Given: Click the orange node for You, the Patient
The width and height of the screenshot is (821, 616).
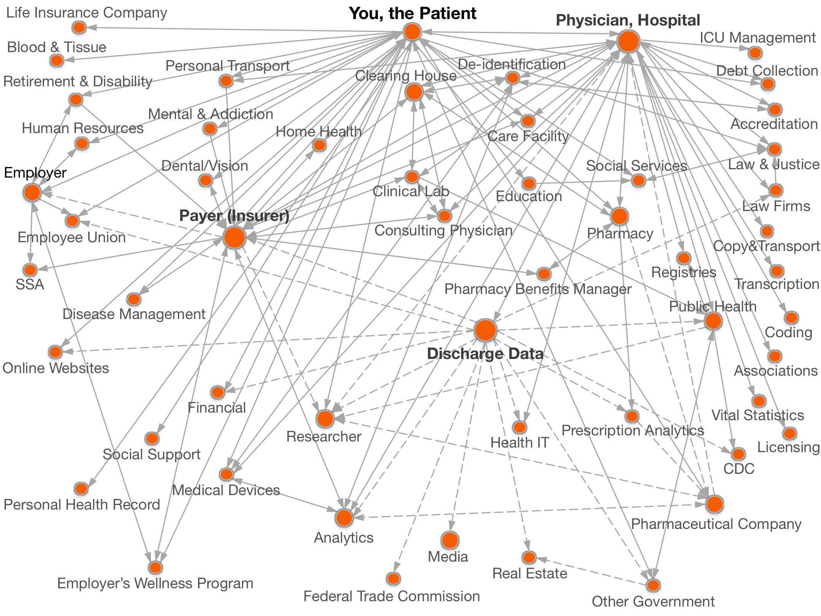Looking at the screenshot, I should coord(412,32).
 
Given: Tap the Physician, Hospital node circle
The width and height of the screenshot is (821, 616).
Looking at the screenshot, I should coord(628,41).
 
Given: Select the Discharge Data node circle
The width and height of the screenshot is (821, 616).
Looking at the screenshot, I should coord(485,330).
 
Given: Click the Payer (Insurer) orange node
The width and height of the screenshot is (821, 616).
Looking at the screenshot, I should coord(235,238).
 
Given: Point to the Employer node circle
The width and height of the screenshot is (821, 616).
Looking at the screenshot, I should coord(32,192).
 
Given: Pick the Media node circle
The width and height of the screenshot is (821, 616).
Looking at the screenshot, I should coord(450,540).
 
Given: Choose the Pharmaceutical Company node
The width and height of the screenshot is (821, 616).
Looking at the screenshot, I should coord(715,504).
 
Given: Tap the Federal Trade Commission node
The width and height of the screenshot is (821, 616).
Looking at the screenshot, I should coord(393,579).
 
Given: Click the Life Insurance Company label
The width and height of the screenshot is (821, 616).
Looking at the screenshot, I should coord(87,13).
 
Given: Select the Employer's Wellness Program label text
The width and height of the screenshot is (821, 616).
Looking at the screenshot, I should coord(155,583).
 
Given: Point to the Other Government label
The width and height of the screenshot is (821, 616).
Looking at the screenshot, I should coord(653,602).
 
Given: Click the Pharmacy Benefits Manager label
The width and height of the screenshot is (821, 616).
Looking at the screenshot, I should coord(538,289).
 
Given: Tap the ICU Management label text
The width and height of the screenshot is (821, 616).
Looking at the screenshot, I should coord(758,38).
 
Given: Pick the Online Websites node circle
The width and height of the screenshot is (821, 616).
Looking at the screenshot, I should coord(55,352).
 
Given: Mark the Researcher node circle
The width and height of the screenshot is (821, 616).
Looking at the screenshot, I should coord(325,419).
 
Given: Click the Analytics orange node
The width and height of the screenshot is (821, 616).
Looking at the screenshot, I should coord(344,518).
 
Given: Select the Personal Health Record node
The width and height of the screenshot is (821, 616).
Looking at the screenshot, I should coord(81,488).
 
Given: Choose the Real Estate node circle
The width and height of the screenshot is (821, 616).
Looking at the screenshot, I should coord(529,557).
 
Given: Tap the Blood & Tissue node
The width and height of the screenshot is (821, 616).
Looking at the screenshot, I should coord(57,60).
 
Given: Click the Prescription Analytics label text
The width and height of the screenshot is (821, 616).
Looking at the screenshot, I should coord(632,430).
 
